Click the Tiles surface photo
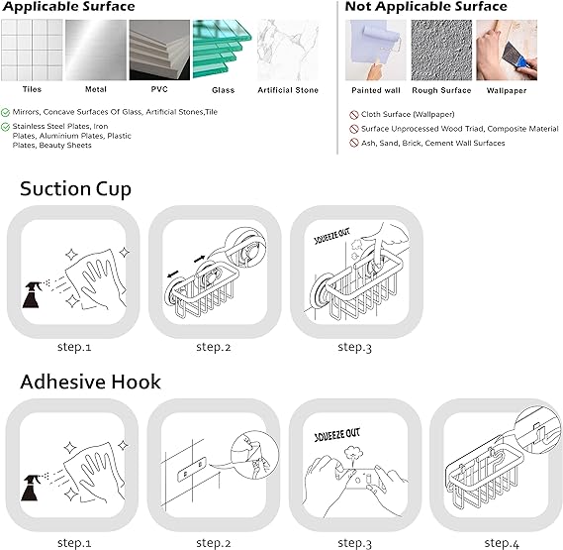pos(32,50)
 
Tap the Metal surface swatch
pos(96,50)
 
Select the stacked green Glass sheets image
pos(223,50)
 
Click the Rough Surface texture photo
pos(441,50)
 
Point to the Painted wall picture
pos(376,50)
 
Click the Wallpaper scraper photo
pos(507,50)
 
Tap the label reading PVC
pos(159,89)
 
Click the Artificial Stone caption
pos(288,90)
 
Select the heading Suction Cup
pos(75,189)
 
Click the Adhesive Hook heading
pos(90,382)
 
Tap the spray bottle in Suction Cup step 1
pos(32,294)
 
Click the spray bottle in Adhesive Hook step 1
pos(31,488)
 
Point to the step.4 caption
pos(502,543)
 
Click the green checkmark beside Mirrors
pos(5,113)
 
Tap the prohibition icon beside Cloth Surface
pos(354,115)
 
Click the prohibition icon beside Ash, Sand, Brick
pos(354,143)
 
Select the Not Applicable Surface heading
pos(425,7)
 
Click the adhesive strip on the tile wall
pos(192,470)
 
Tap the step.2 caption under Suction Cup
pos(214,348)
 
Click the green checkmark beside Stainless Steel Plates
pos(5,127)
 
